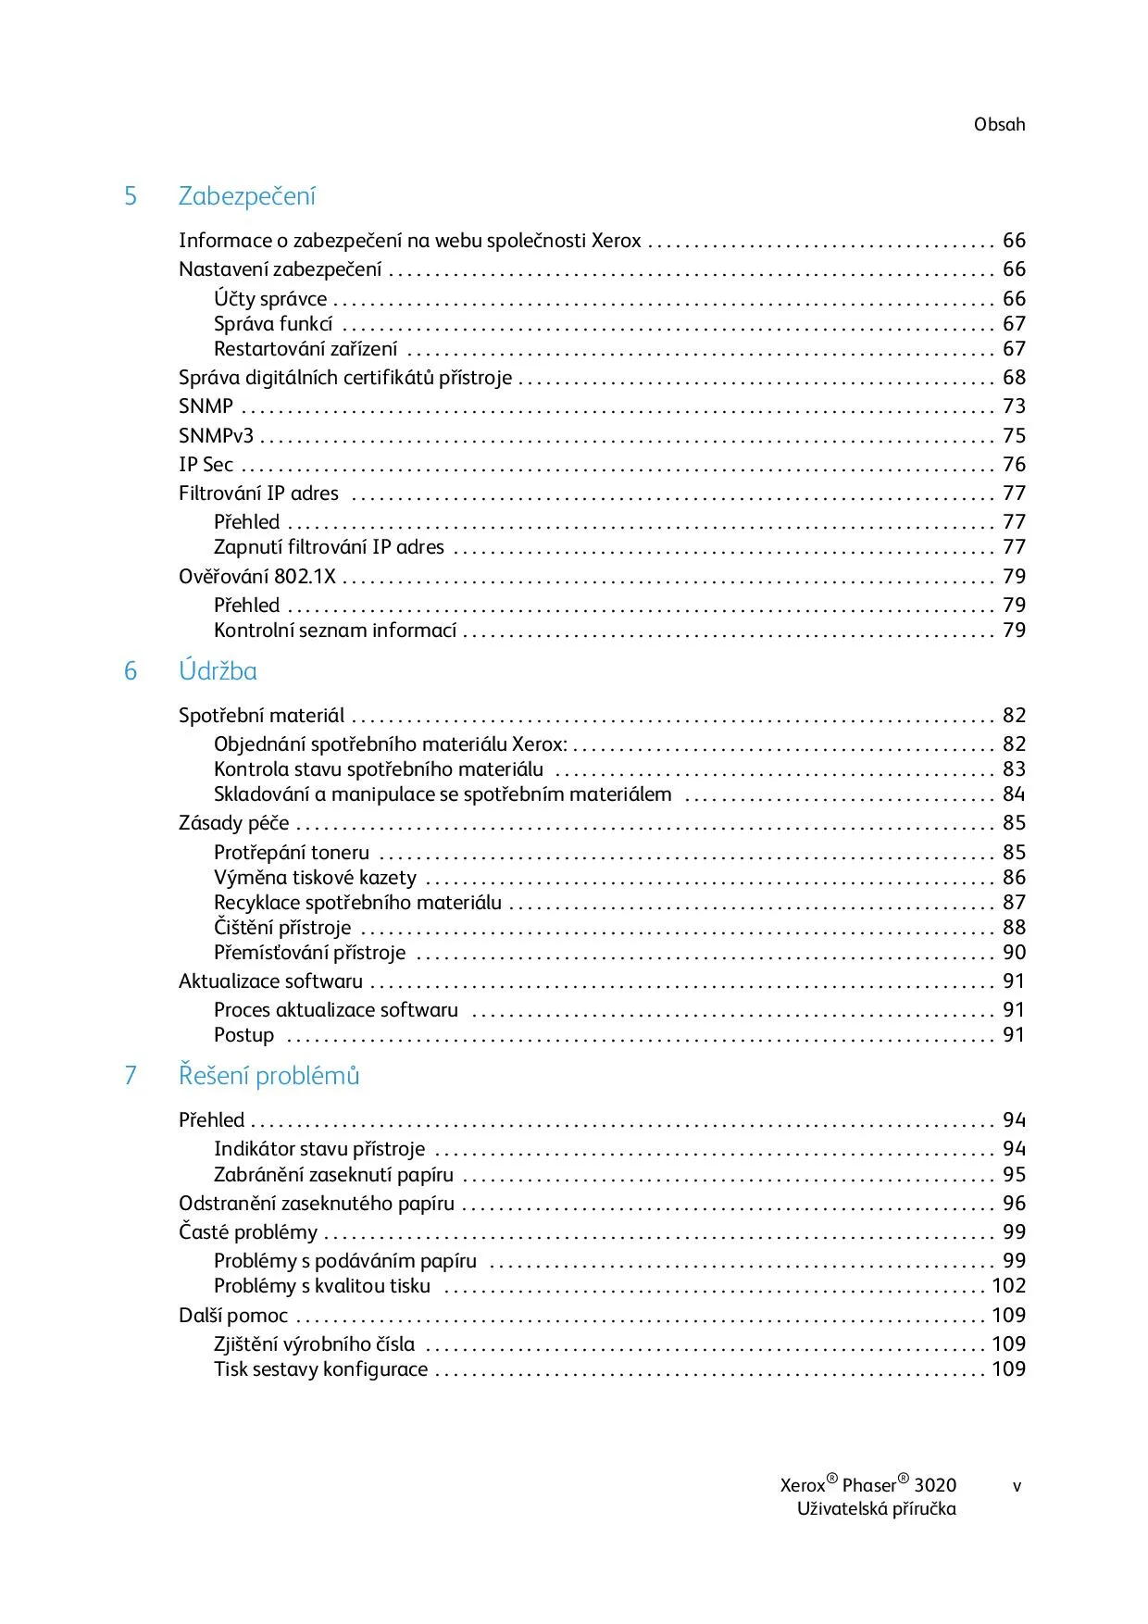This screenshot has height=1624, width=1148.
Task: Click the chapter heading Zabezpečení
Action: pos(247,196)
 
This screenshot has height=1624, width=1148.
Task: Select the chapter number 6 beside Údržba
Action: pos(131,671)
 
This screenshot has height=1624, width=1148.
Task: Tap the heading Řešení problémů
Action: pos(268,1076)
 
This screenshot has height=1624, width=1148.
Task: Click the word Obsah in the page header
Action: pos(999,124)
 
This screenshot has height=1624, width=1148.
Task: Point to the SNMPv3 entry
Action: pos(216,436)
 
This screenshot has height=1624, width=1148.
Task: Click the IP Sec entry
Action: pos(206,465)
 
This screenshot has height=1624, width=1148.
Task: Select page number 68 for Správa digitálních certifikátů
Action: pos(1014,378)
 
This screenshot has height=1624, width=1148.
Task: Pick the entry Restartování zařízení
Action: pos(306,349)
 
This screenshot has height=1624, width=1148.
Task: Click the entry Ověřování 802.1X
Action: pos(257,577)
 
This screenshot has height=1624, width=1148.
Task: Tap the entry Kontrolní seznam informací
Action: pos(335,631)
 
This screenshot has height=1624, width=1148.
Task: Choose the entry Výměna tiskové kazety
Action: pos(315,878)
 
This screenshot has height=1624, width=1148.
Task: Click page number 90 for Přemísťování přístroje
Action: pos(1014,953)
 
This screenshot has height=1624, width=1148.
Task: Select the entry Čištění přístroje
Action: pos(282,928)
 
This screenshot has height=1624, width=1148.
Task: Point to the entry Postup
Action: pos(243,1035)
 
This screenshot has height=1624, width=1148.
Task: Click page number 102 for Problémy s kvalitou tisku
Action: pos(1008,1286)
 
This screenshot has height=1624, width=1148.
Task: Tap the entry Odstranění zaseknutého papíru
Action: pos(317,1204)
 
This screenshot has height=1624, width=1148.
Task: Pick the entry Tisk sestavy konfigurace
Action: pos(320,1369)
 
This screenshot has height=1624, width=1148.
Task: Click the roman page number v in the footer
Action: pos(1017,1486)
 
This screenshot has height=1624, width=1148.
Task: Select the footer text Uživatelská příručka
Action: pos(876,1509)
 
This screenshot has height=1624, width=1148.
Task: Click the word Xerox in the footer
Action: pos(802,1486)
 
